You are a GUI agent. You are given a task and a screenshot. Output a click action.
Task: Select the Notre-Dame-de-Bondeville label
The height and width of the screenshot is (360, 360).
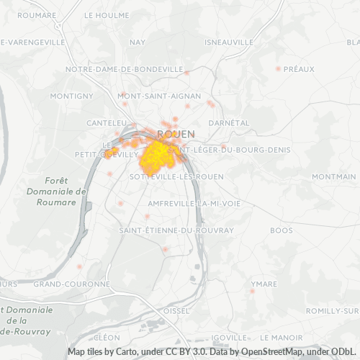[124, 69]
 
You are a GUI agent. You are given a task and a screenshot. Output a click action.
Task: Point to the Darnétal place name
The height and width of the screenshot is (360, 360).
[228, 123]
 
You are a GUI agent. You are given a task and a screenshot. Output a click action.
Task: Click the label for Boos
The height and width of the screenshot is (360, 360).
[282, 230]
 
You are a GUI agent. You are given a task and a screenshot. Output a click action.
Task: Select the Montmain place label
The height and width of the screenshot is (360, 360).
[334, 176]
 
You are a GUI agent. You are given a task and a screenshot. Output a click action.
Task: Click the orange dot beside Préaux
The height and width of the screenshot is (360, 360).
[278, 68]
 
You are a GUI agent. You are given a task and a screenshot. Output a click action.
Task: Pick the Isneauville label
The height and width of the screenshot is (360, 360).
[229, 42]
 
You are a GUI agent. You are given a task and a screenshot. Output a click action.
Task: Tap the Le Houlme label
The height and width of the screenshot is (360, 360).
[107, 15]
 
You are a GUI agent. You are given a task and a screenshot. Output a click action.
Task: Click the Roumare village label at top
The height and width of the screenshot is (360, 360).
[37, 15]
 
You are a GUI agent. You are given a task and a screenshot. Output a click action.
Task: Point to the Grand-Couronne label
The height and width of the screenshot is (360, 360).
[71, 284]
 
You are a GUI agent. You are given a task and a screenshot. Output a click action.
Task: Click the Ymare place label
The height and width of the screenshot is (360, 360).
[264, 284]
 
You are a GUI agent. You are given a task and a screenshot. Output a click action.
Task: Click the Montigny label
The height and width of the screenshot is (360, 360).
[72, 96]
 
